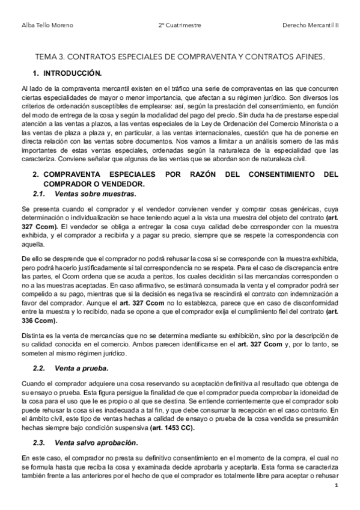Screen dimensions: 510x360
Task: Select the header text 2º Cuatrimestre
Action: coord(180,25)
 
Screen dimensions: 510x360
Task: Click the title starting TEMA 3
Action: coord(180,57)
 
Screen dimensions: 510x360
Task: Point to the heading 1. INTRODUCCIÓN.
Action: coord(67,73)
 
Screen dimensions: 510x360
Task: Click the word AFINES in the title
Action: coord(307,57)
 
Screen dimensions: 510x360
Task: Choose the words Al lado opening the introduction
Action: coord(31,88)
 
